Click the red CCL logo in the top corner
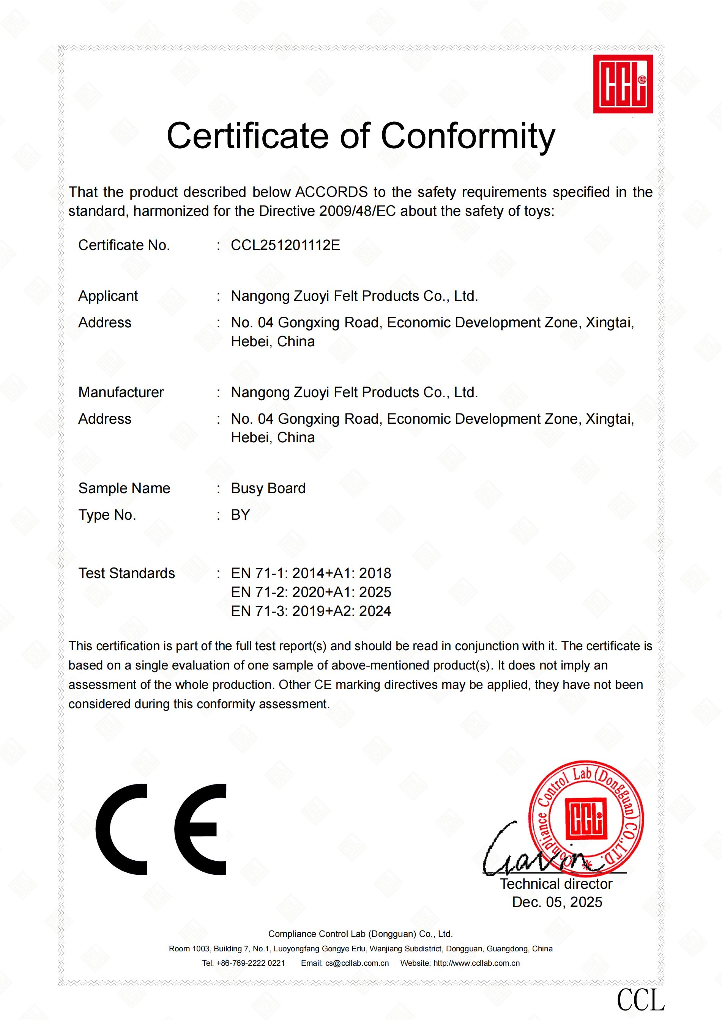pyautogui.click(x=623, y=84)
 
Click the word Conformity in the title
pyautogui.click(x=468, y=136)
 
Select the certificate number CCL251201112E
pyautogui.click(x=285, y=245)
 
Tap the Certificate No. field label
pyautogui.click(x=124, y=245)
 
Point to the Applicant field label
pyautogui.click(x=108, y=296)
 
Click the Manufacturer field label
pyautogui.click(x=121, y=392)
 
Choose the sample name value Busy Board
pyautogui.click(x=268, y=488)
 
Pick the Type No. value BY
pyautogui.click(x=241, y=515)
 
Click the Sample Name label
pyautogui.click(x=125, y=488)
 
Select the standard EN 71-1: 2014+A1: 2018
pyautogui.click(x=311, y=573)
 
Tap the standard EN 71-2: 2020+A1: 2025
pyautogui.click(x=311, y=592)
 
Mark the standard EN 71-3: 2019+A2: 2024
pyautogui.click(x=311, y=611)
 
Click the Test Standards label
pyautogui.click(x=127, y=573)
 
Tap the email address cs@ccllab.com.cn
pyautogui.click(x=357, y=963)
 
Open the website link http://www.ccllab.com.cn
pyautogui.click(x=476, y=963)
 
